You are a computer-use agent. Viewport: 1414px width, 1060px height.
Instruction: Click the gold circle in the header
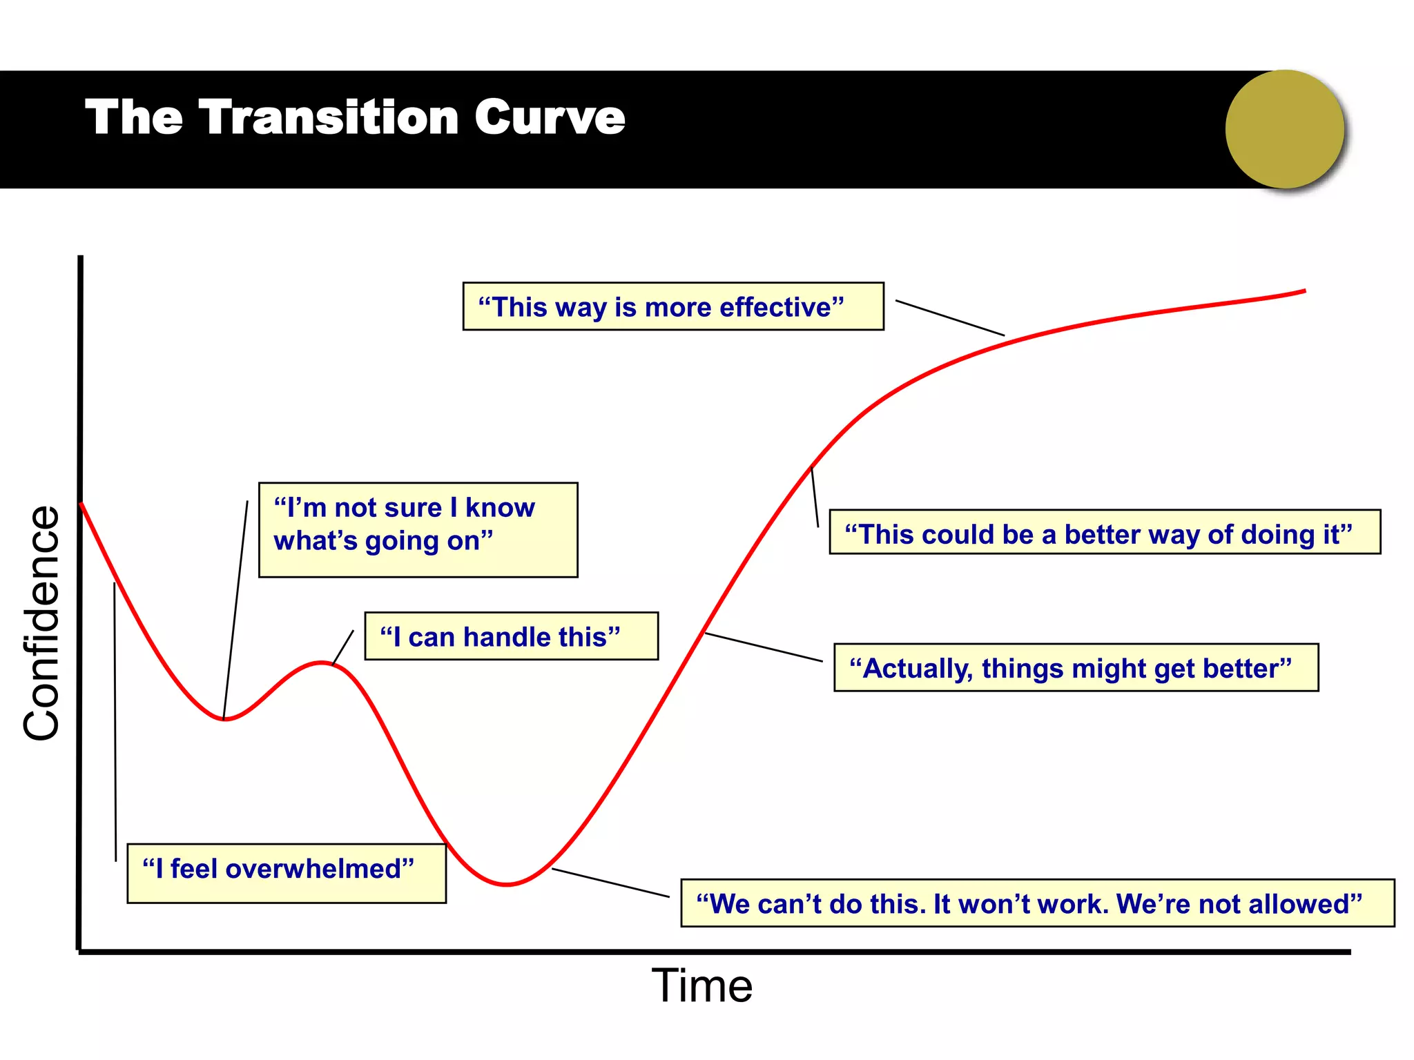pyautogui.click(x=1284, y=129)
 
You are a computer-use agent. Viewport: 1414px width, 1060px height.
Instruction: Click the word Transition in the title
pyautogui.click(x=329, y=117)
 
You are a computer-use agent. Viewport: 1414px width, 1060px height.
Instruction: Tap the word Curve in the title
pyautogui.click(x=550, y=117)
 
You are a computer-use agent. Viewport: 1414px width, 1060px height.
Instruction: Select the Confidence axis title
pyautogui.click(x=41, y=623)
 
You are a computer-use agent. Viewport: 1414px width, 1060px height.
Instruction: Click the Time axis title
pyautogui.click(x=701, y=985)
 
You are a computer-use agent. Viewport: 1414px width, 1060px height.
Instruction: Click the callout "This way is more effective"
pyautogui.click(x=672, y=306)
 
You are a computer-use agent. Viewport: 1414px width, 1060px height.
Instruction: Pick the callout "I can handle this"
pyautogui.click(x=511, y=636)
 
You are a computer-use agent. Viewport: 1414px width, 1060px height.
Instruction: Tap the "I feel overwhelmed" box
pyautogui.click(x=286, y=873)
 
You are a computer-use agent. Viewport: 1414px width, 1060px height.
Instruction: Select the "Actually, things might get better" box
pyautogui.click(x=1075, y=668)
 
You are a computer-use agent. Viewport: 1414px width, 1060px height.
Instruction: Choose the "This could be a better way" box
pyautogui.click(x=1104, y=533)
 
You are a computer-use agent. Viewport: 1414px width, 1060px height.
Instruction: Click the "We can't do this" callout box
pyautogui.click(x=1036, y=903)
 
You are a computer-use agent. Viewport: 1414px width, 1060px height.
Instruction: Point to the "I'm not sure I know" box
pyautogui.click(x=417, y=529)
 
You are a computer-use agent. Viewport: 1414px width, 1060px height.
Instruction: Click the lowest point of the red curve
pyautogui.click(x=507, y=884)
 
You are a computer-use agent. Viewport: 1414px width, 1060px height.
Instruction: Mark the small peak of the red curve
pyautogui.click(x=322, y=662)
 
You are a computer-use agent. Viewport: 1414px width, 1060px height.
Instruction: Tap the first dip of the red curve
pyautogui.click(x=224, y=719)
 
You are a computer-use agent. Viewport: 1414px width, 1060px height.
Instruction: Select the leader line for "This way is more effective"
pyautogui.click(x=949, y=318)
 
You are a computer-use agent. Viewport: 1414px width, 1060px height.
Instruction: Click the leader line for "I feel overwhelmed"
pyautogui.click(x=115, y=721)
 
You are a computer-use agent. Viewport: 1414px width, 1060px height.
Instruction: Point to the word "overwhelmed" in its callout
pyautogui.click(x=320, y=869)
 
